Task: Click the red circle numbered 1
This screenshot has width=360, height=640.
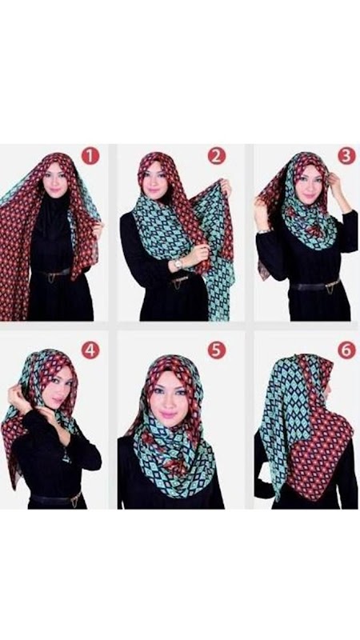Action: [x=90, y=156]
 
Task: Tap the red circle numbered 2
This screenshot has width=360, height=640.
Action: [x=216, y=156]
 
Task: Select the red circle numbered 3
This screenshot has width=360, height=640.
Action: [x=346, y=156]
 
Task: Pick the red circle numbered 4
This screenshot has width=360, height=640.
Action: [x=90, y=350]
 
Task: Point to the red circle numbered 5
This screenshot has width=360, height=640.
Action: [x=216, y=350]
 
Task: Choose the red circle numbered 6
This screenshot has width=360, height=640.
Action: [x=346, y=350]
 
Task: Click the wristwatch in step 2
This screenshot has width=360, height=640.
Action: [x=178, y=264]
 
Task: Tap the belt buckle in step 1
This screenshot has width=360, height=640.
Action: [x=52, y=277]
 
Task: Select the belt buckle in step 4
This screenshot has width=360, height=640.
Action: [x=74, y=499]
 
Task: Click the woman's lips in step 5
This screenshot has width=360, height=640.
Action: [x=169, y=415]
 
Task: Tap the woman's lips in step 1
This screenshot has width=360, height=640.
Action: [x=54, y=190]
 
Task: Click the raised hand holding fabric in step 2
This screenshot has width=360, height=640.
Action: [x=225, y=187]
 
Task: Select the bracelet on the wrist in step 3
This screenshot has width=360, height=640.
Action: [x=264, y=231]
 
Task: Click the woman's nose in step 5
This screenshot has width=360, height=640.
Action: [x=168, y=403]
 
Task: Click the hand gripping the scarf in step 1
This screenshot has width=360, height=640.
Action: [x=98, y=229]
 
